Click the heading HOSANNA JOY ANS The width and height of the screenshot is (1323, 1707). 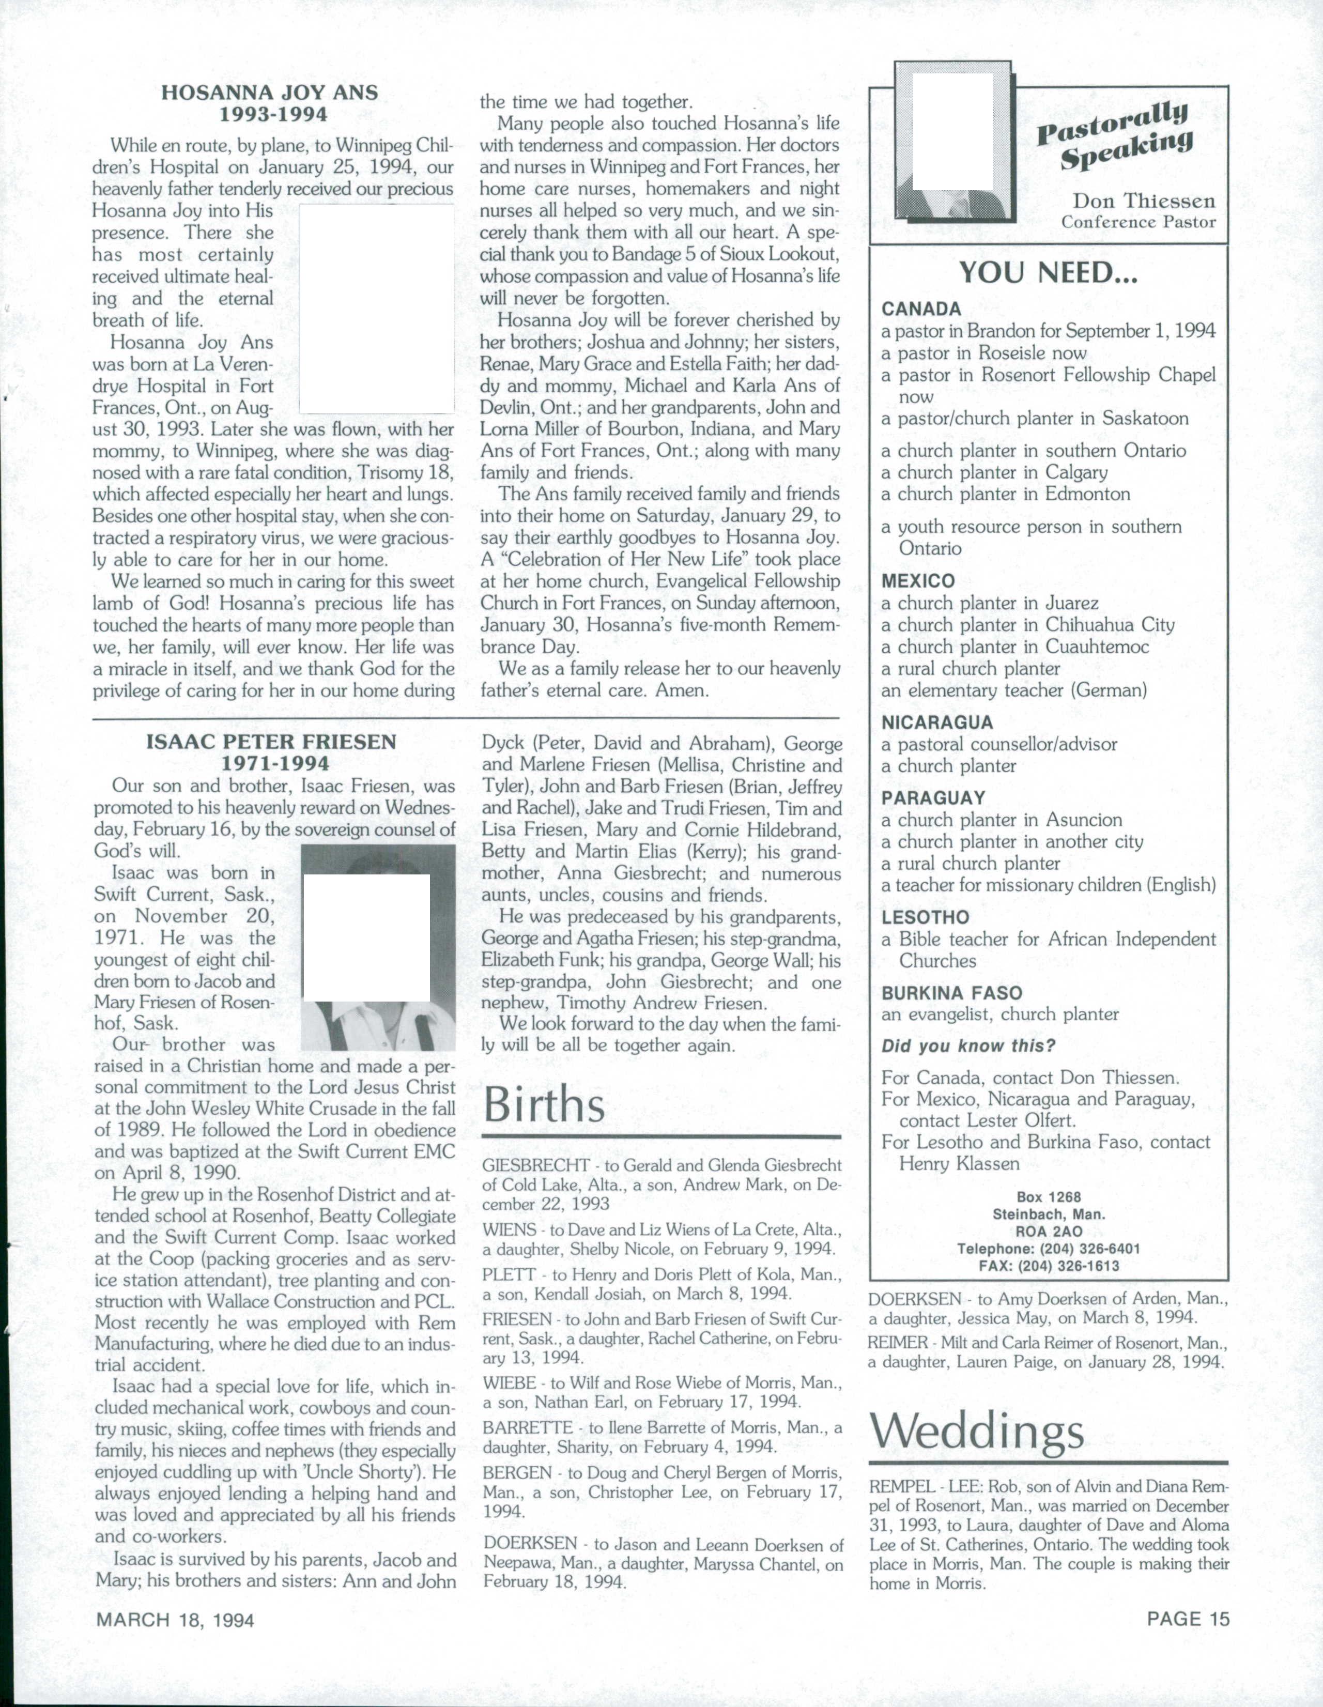(x=270, y=93)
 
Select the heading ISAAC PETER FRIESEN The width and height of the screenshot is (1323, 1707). (x=271, y=742)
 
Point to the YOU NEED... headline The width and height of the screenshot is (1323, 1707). (x=1049, y=273)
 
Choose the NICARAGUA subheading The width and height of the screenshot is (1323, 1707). (x=937, y=722)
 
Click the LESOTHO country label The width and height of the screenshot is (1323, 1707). (x=925, y=917)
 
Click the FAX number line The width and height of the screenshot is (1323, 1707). (x=1049, y=1266)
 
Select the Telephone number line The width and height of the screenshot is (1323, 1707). (x=1049, y=1248)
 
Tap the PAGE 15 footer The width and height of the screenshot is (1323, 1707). (x=1188, y=1618)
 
